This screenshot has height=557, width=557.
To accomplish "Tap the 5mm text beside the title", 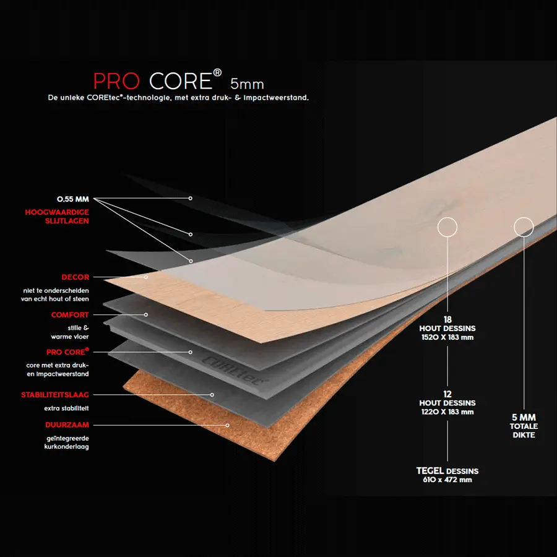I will tap(247, 83).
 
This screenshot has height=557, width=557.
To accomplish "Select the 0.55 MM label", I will tap(73, 199).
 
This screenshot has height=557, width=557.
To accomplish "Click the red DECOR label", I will tap(75, 277).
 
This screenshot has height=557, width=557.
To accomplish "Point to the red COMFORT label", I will tap(70, 315).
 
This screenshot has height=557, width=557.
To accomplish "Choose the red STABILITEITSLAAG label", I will tap(55, 394).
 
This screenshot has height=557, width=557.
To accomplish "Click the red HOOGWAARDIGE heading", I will tap(57, 212).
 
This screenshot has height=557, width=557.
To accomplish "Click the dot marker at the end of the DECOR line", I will tap(147, 277).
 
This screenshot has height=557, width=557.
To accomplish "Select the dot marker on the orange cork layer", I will tap(228, 425).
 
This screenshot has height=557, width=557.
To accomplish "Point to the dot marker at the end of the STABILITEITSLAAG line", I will tap(212, 394).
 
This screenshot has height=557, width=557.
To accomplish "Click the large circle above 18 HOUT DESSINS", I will tap(447, 227).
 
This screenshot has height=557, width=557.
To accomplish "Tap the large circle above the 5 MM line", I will tap(524, 227).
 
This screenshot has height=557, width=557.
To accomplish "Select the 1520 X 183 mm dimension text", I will tap(447, 338).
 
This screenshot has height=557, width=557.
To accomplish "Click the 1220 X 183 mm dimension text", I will tap(447, 412).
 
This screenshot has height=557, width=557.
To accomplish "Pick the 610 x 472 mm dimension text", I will tap(447, 480).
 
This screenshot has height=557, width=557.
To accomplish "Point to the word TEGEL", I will tap(430, 471).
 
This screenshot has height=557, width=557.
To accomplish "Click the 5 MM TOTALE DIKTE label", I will tap(524, 426).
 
